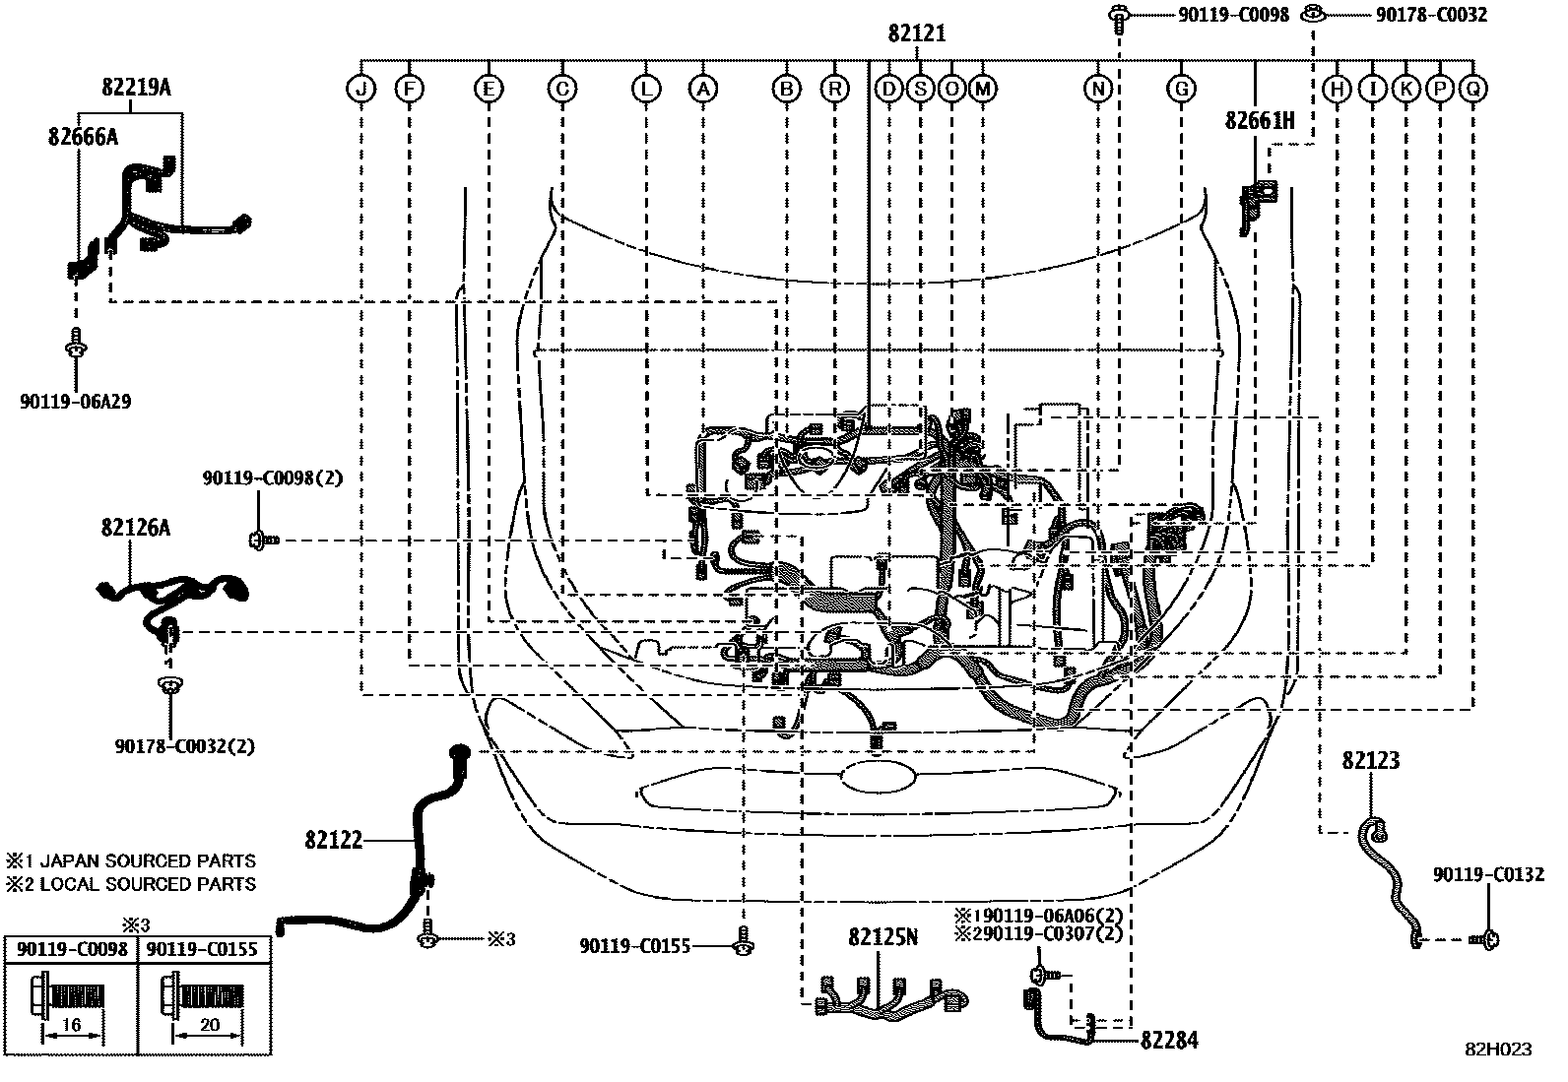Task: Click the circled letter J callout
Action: tap(361, 89)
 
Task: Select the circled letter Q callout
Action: tap(1473, 89)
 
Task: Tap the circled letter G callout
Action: tap(1181, 89)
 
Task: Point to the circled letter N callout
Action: tap(1097, 89)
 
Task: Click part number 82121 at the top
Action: tap(917, 32)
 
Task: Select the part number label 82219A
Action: tap(137, 87)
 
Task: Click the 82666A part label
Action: tap(84, 137)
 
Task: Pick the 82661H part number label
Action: tap(1260, 120)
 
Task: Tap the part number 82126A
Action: tap(135, 527)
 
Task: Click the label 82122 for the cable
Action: tap(334, 839)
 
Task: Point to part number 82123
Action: tap(1371, 760)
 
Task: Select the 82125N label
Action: tap(882, 936)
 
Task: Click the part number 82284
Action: tap(1169, 1040)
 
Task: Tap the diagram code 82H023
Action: tap(1498, 1050)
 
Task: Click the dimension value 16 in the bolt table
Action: tap(71, 1025)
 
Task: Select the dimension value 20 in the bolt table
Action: tap(210, 1025)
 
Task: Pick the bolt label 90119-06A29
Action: tap(76, 402)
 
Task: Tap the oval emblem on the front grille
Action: tap(879, 778)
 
